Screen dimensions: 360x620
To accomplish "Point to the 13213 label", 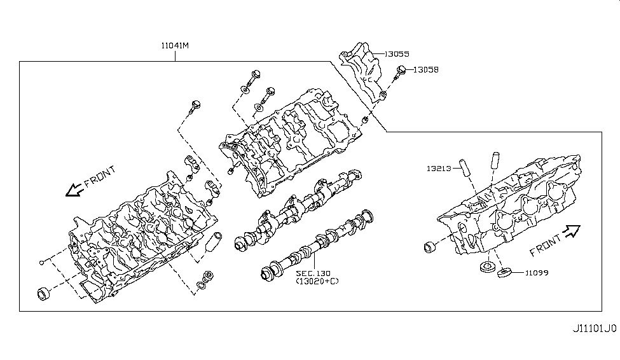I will click(439, 169).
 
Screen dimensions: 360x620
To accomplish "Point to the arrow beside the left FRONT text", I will click(73, 189).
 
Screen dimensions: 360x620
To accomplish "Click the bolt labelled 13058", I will click(401, 72).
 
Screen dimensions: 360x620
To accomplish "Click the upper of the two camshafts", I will click(299, 208).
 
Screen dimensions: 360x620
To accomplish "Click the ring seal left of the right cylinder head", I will click(431, 246).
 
